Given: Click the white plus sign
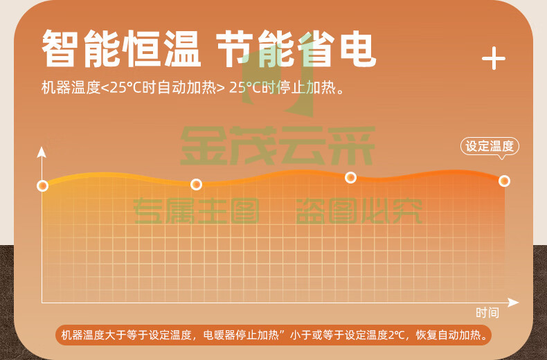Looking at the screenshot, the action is [493, 58].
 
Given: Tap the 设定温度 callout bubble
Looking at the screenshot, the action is [490, 146].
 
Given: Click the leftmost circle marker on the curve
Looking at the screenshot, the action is [42, 186].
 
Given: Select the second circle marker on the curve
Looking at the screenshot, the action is [196, 184].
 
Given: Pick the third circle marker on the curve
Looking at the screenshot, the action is [350, 177].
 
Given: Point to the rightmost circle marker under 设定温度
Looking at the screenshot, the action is [504, 181].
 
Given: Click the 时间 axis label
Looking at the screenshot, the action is [487, 312].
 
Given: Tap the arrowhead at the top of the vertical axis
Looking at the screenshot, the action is [42, 152].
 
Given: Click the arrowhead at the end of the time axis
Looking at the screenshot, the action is [513, 303].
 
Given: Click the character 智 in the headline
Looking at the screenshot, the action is [59, 48].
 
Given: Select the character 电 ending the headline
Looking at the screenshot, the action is [358, 48].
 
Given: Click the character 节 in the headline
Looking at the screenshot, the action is [234, 48].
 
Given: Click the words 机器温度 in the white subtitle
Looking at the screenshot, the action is [71, 87].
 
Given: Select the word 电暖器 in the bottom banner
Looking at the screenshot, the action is [219, 335].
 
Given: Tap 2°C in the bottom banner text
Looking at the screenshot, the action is [396, 335].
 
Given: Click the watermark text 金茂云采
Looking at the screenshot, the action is [278, 145].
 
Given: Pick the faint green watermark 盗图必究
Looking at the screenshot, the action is [359, 210].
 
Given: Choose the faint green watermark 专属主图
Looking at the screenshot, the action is [196, 210].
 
